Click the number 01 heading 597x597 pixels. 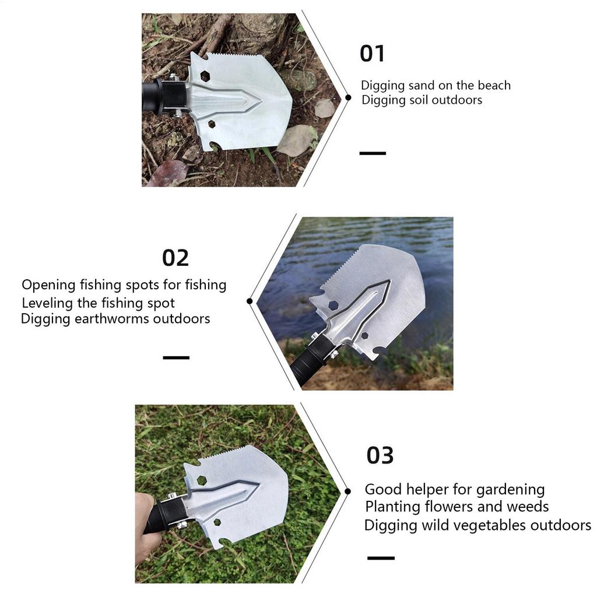pos(372,54)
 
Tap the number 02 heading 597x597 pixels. pos(175,258)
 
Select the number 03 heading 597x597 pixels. pos(380,455)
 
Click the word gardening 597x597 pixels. pos(510,489)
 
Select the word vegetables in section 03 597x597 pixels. pos(489,525)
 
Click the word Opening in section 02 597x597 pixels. pos(48,286)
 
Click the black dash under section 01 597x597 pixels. pos(373,153)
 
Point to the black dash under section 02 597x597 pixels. pos(176,357)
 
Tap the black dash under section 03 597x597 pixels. pos(381,558)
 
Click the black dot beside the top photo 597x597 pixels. pos(348,98)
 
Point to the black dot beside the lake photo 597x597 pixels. pos(250,301)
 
